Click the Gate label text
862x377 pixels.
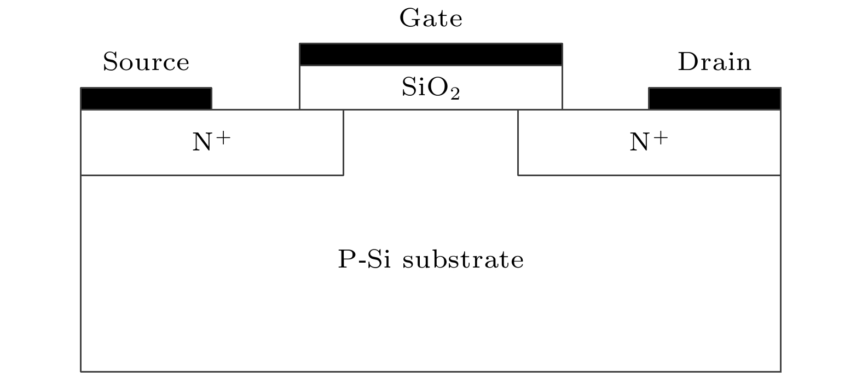tap(431, 19)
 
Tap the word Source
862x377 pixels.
tap(146, 62)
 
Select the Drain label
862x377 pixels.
tap(714, 62)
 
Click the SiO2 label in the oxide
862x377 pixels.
tap(431, 88)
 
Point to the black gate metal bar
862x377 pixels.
tap(431, 55)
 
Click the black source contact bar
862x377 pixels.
tap(146, 98)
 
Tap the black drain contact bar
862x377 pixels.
tap(714, 98)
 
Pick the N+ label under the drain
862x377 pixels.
tap(649, 142)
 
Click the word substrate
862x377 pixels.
tap(463, 259)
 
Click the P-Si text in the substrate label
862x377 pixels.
tap(364, 259)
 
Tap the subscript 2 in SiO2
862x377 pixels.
tap(455, 95)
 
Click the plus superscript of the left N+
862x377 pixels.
tap(223, 137)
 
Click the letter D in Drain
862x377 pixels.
tap(687, 62)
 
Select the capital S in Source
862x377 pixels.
tap(110, 62)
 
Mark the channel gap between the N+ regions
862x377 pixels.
tap(431, 142)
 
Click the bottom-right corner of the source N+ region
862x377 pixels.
tap(343, 175)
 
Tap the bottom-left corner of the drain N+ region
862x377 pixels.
tap(518, 175)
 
